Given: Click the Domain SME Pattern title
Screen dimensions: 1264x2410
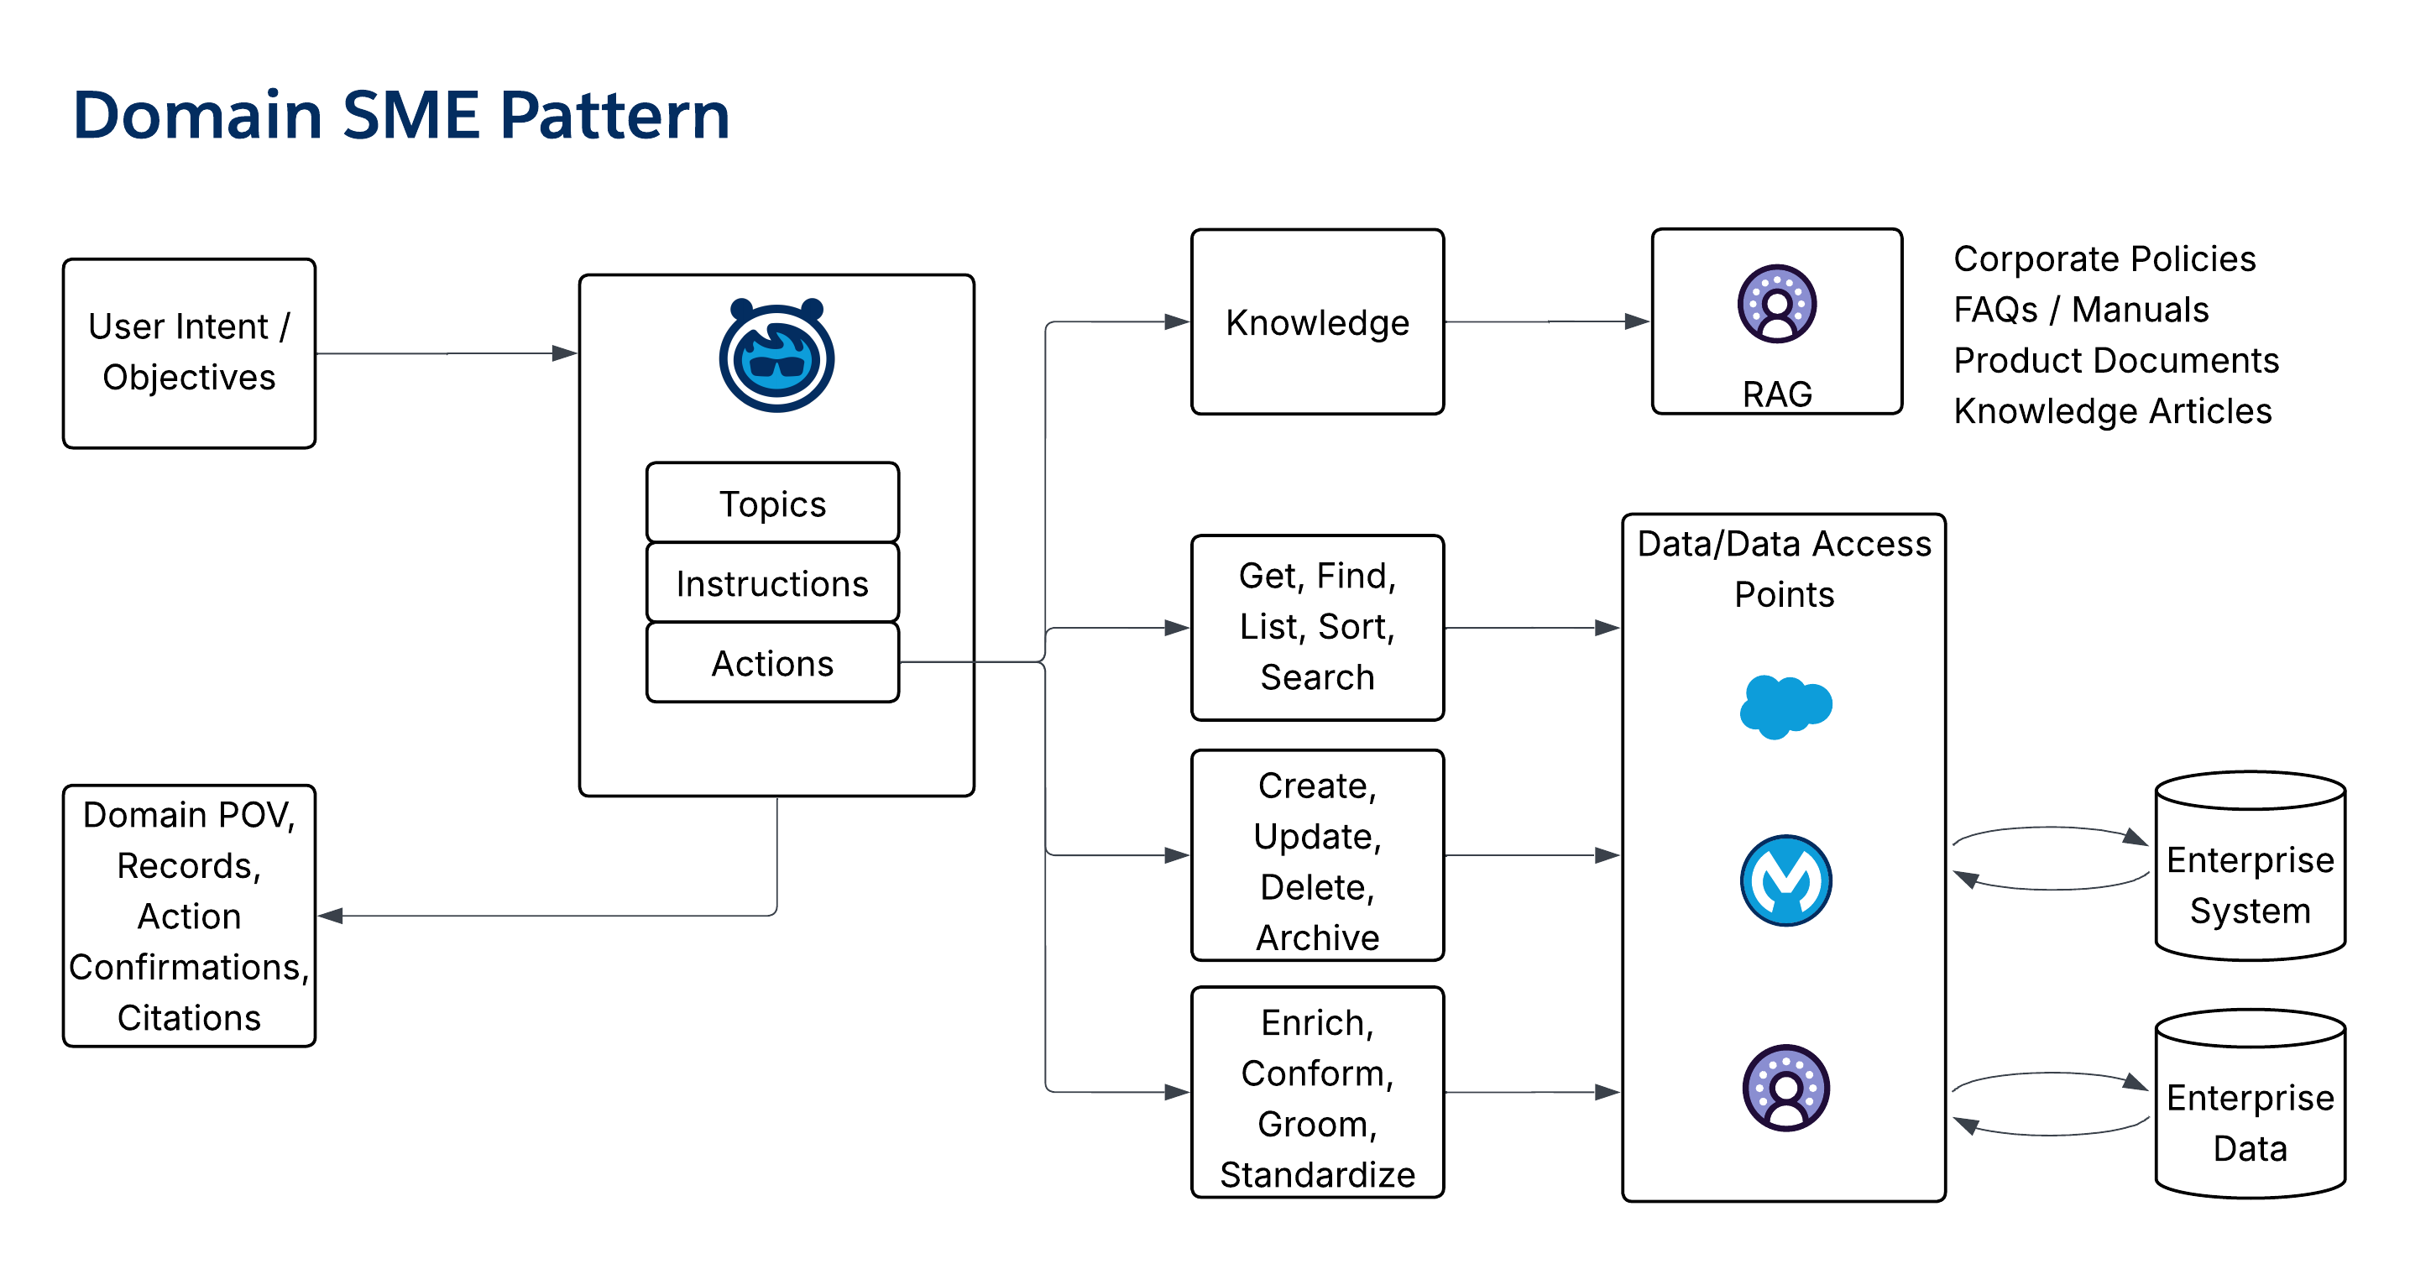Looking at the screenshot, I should (x=400, y=115).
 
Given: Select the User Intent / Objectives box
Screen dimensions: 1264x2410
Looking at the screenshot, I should (x=189, y=353).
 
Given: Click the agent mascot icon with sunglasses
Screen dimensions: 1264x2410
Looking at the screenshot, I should (x=776, y=357).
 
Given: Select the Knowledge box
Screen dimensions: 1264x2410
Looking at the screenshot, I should (x=1316, y=321).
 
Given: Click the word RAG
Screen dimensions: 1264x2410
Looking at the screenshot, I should (x=1776, y=394).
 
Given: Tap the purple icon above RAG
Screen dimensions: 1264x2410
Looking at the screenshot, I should (x=1776, y=304).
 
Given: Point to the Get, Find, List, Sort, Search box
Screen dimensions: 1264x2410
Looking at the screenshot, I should (x=1316, y=627).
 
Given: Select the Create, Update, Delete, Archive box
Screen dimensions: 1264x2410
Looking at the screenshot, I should (x=1316, y=854).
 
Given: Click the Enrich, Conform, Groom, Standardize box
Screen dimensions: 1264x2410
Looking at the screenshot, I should (x=1316, y=1092).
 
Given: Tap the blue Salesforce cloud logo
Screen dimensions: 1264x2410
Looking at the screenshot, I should (x=1785, y=707).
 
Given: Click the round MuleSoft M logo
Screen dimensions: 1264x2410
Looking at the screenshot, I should (x=1785, y=880).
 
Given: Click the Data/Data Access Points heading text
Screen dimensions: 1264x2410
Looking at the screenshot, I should (x=1783, y=568).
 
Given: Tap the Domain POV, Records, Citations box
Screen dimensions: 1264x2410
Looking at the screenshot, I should (x=189, y=915).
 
